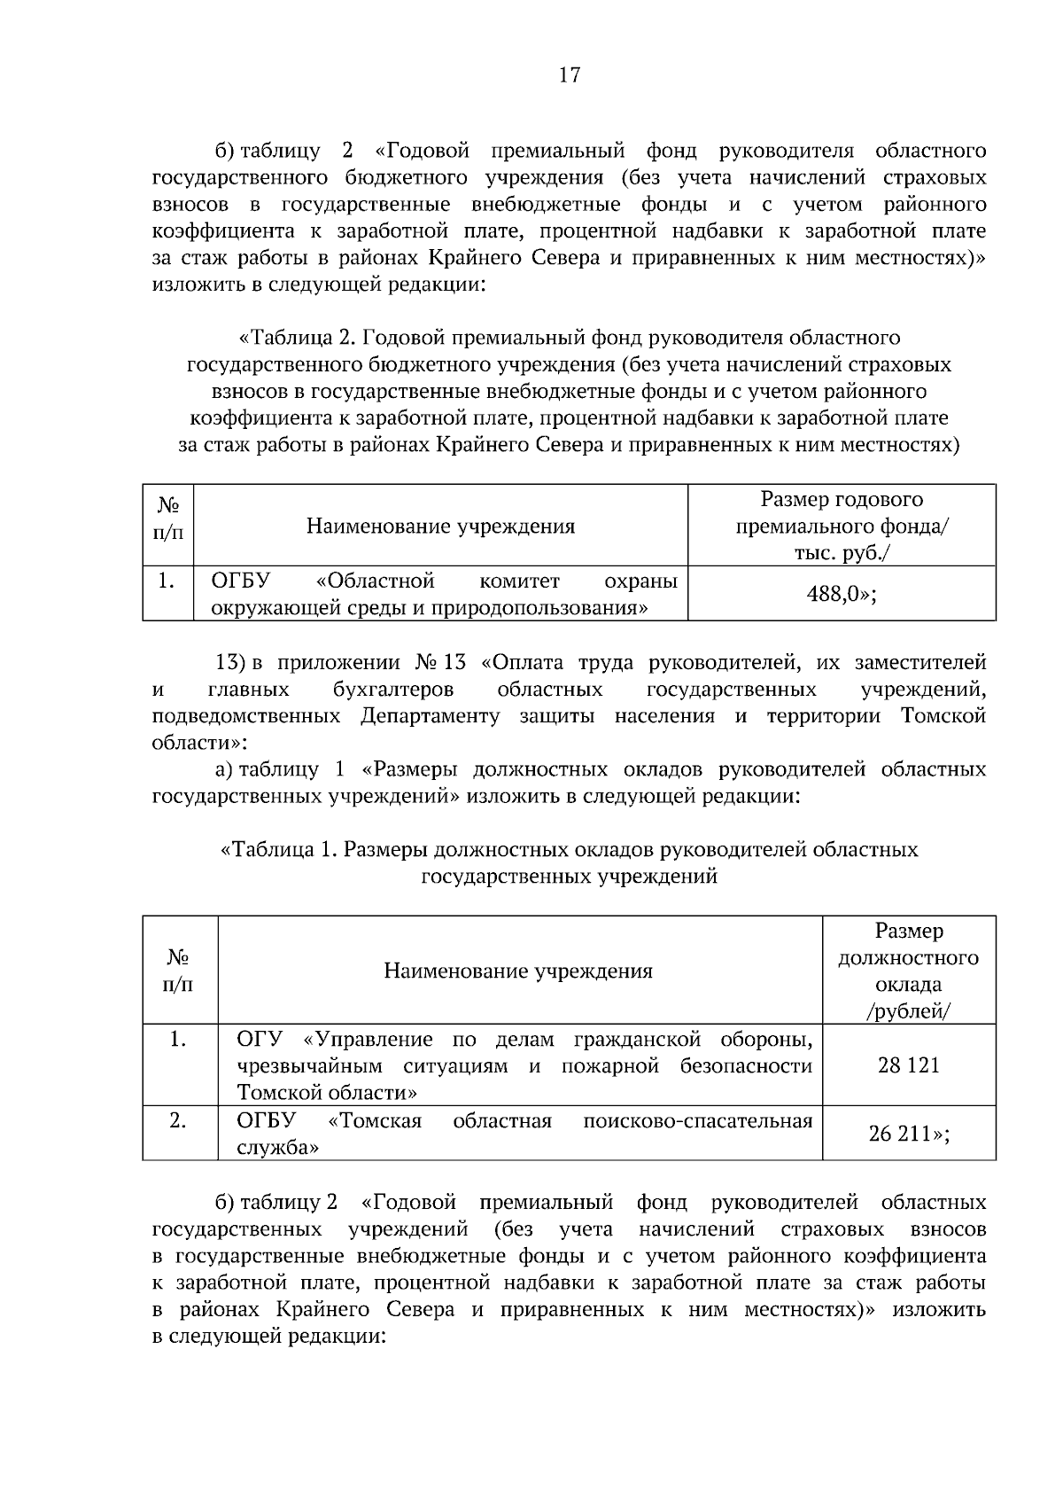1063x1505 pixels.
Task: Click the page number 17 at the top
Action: pyautogui.click(x=570, y=75)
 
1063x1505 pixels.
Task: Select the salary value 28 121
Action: pyautogui.click(x=908, y=1065)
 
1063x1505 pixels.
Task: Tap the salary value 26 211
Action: pyautogui.click(x=908, y=1134)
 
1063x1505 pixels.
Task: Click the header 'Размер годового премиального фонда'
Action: pyautogui.click(x=842, y=526)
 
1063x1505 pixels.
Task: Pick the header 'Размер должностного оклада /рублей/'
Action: pyautogui.click(x=908, y=971)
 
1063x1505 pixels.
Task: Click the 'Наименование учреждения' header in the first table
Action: pyautogui.click(x=440, y=526)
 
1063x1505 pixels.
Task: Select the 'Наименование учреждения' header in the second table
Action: pyautogui.click(x=518, y=971)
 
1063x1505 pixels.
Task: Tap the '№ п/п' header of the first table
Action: pyautogui.click(x=168, y=519)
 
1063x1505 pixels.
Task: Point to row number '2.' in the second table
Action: pyautogui.click(x=178, y=1121)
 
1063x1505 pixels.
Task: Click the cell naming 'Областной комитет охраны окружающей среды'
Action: pyautogui.click(x=443, y=595)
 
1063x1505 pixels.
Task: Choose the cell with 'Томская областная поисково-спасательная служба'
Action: pyautogui.click(x=524, y=1134)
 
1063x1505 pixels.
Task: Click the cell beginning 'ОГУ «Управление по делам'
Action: pyautogui.click(x=524, y=1065)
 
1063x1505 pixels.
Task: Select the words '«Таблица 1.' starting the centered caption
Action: pyautogui.click(x=278, y=850)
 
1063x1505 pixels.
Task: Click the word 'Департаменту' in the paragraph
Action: pyautogui.click(x=430, y=716)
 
